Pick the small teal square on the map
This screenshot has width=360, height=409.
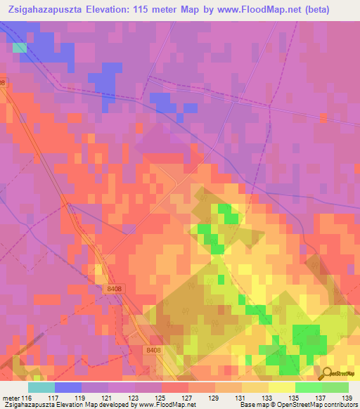pos(20,48)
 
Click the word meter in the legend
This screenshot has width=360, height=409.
pos(11,398)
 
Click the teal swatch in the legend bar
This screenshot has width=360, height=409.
pos(41,387)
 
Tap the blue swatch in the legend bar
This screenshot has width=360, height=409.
pos(68,387)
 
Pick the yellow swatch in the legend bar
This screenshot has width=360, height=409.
pos(282,387)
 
